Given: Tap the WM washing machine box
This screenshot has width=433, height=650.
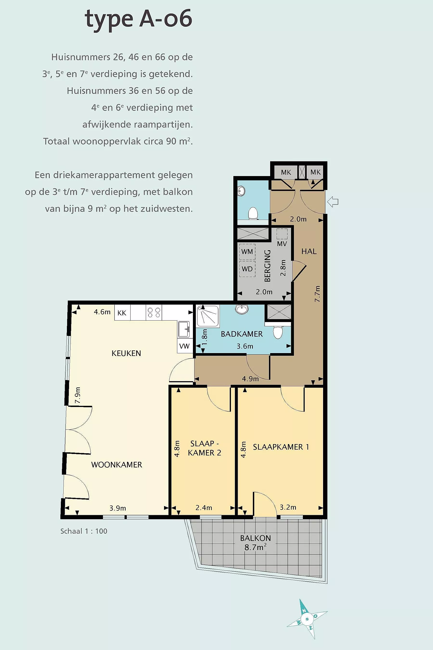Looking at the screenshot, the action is [x=247, y=251].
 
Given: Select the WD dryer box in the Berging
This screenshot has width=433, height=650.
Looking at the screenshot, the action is [x=247, y=269].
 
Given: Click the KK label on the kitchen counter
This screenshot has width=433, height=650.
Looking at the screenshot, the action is [x=122, y=313].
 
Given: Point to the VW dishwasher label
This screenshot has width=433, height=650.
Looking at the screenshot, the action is [x=185, y=346].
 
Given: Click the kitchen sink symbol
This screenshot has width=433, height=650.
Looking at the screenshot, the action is [x=184, y=329].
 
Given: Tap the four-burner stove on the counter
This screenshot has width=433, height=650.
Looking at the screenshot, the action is [x=154, y=312].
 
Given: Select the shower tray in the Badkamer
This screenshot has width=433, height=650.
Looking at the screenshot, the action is [x=208, y=316].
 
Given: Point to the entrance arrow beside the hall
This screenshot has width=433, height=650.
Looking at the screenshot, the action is [x=332, y=202].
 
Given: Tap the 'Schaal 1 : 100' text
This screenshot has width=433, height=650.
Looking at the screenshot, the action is [x=84, y=531].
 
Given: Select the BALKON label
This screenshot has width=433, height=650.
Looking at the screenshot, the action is [x=255, y=538].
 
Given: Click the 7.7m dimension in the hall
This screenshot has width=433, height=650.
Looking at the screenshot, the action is [x=318, y=294].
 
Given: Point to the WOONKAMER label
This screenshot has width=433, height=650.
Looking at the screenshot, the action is [x=116, y=465].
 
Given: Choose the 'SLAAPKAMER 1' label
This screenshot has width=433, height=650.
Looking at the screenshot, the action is [x=281, y=447].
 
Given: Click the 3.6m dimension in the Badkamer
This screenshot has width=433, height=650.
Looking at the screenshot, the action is [x=245, y=346].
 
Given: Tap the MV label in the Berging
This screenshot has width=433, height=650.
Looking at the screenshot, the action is [x=282, y=243].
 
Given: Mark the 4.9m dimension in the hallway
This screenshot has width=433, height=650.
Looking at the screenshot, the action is [x=250, y=379].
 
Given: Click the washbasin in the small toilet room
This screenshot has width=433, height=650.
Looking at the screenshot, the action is [x=241, y=190].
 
